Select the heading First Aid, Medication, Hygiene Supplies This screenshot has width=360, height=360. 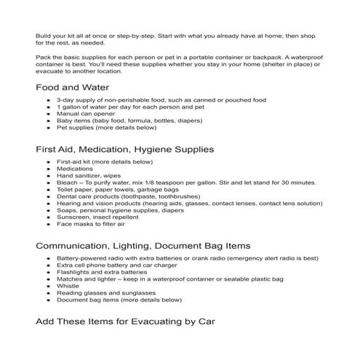(124, 149)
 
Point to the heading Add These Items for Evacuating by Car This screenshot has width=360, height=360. (124, 321)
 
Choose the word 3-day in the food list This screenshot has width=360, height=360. (65, 99)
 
